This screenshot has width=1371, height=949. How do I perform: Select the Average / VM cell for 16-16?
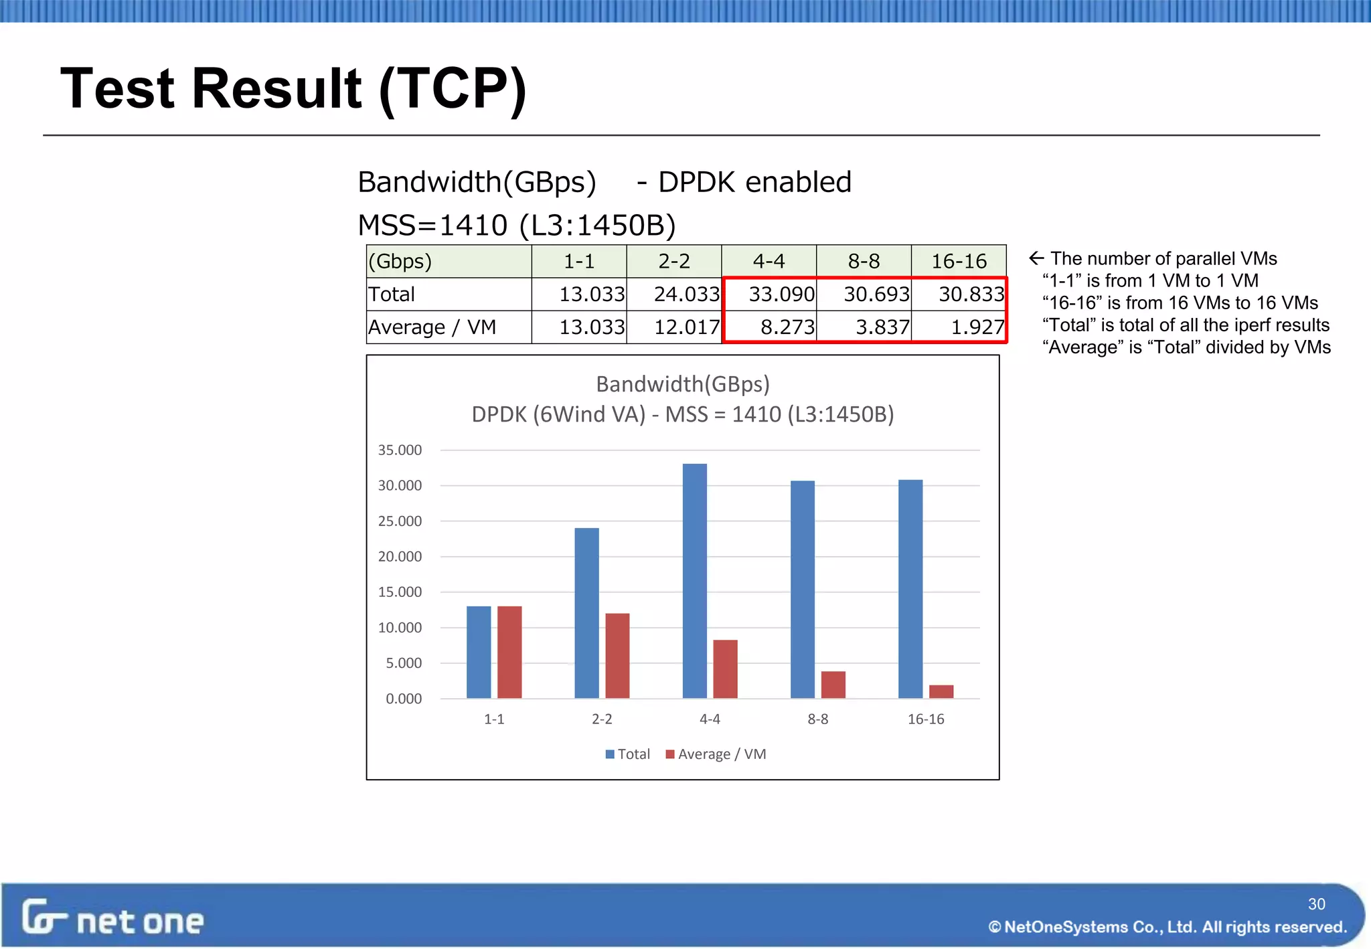pyautogui.click(x=959, y=327)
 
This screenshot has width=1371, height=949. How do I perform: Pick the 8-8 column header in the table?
pyautogui.click(x=864, y=261)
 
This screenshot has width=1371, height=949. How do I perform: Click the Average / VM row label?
pyautogui.click(x=432, y=327)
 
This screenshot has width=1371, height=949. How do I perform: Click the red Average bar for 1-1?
pyautogui.click(x=509, y=652)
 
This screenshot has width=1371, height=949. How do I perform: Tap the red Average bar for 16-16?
pyautogui.click(x=941, y=691)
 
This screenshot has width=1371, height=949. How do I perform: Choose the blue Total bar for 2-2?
pyautogui.click(x=586, y=612)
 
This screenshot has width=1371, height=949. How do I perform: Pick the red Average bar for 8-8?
pyautogui.click(x=833, y=684)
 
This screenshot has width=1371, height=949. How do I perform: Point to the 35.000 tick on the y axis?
pyautogui.click(x=400, y=450)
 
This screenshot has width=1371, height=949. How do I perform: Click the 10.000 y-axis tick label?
pyautogui.click(x=400, y=628)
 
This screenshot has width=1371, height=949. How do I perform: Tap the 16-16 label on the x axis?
pyautogui.click(x=926, y=719)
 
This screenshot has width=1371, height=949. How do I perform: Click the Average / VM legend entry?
pyautogui.click(x=716, y=754)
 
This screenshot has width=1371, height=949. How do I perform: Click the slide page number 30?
pyautogui.click(x=1316, y=904)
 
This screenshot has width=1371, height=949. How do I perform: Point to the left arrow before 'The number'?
pyautogui.click(x=1036, y=258)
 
